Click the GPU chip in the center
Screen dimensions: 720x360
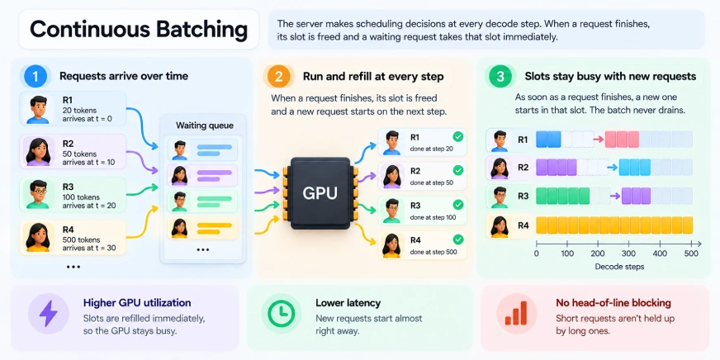pyautogui.click(x=320, y=193)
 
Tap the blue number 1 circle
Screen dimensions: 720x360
pyautogui.click(x=36, y=76)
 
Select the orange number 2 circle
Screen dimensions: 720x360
pyautogui.click(x=278, y=76)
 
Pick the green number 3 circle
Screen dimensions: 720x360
pyautogui.click(x=500, y=76)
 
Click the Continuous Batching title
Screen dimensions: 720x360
pyautogui.click(x=139, y=29)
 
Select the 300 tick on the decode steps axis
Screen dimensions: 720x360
pyautogui.click(x=628, y=253)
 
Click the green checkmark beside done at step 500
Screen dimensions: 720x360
pyautogui.click(x=457, y=239)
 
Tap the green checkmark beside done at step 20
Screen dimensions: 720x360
pyautogui.click(x=457, y=136)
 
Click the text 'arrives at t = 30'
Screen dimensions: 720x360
pyautogui.click(x=88, y=248)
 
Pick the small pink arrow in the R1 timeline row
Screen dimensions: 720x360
pyautogui.click(x=598, y=138)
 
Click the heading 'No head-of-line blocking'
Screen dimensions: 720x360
pyautogui.click(x=613, y=303)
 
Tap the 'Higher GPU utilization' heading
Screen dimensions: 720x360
pyautogui.click(x=137, y=303)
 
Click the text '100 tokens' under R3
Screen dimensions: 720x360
pyautogui.click(x=80, y=197)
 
